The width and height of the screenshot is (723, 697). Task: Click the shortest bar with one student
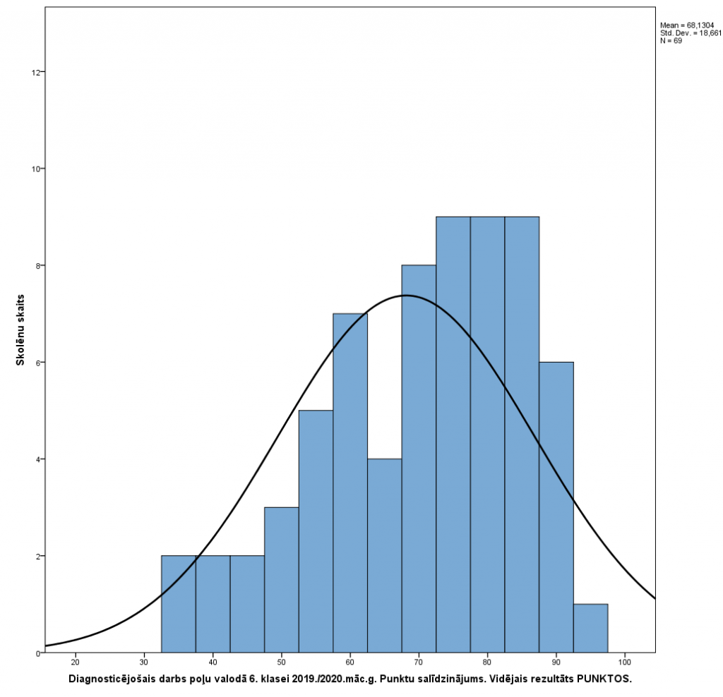point(590,628)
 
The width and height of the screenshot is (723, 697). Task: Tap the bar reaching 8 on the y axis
point(419,459)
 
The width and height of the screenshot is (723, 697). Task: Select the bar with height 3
point(281,579)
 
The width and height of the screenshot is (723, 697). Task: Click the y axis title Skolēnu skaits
point(22,329)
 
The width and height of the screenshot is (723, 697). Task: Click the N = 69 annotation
point(670,41)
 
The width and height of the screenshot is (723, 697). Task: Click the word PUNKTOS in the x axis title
point(604,679)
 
